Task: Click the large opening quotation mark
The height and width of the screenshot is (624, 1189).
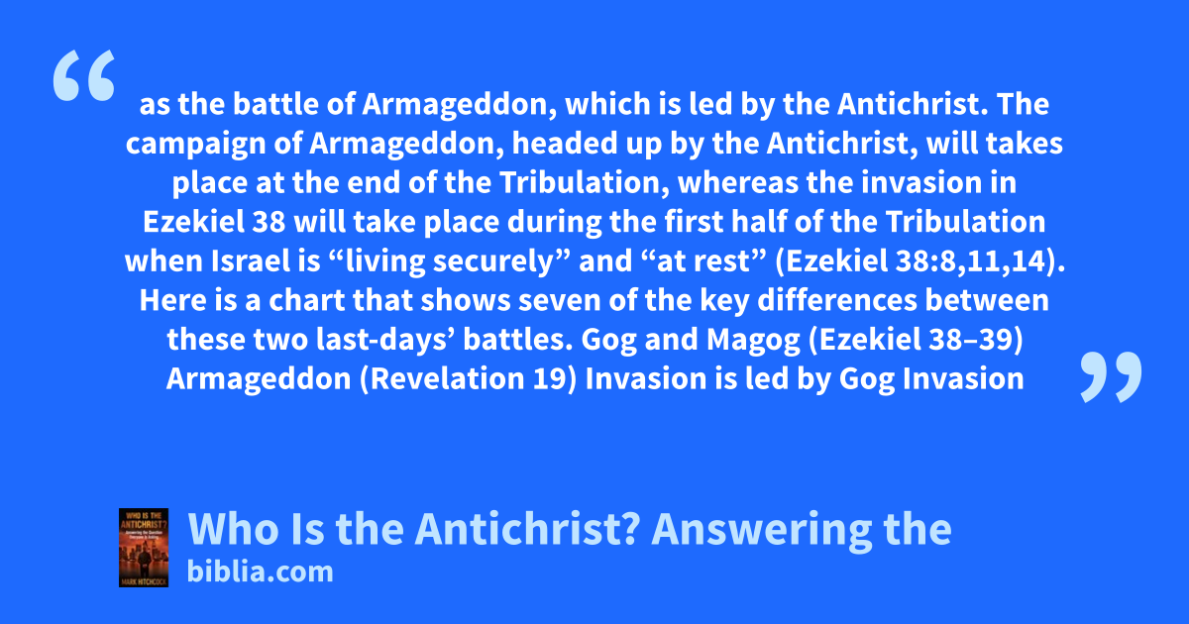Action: (x=84, y=75)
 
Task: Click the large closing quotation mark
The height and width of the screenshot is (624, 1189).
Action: (x=1111, y=376)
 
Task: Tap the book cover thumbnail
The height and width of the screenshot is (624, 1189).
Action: (x=144, y=548)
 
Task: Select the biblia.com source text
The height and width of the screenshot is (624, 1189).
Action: (x=260, y=572)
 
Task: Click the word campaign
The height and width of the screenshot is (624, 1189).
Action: (x=195, y=145)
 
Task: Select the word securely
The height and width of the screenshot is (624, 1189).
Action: (x=493, y=262)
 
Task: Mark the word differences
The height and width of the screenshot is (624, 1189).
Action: (x=837, y=300)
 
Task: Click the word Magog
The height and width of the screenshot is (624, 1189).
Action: (x=753, y=341)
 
